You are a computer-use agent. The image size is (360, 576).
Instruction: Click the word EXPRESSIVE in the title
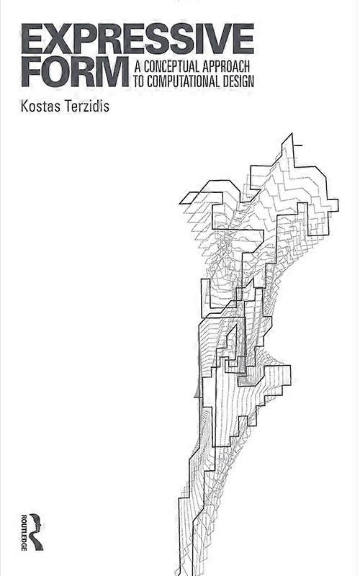[138, 39]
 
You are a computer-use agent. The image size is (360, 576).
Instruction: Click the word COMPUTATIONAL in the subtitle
[184, 81]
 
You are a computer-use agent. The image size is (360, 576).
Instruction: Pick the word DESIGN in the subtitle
[238, 81]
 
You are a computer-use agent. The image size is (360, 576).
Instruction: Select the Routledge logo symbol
[35, 532]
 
